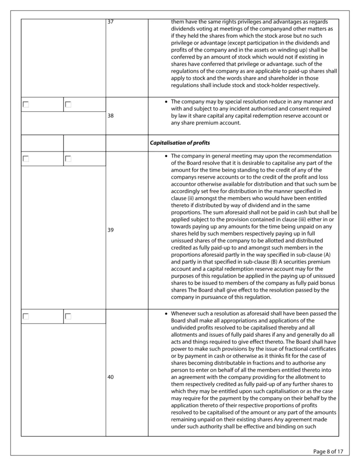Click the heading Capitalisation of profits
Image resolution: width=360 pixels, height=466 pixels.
(180, 143)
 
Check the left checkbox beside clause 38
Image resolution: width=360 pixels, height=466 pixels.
(26, 104)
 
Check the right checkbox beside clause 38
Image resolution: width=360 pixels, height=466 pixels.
(68, 104)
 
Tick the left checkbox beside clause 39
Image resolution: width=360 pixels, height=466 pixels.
(26, 159)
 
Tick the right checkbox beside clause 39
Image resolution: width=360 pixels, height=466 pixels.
(68, 159)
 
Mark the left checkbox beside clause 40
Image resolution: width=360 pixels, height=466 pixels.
(26, 316)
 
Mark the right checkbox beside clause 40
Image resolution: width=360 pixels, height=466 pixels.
(68, 316)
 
